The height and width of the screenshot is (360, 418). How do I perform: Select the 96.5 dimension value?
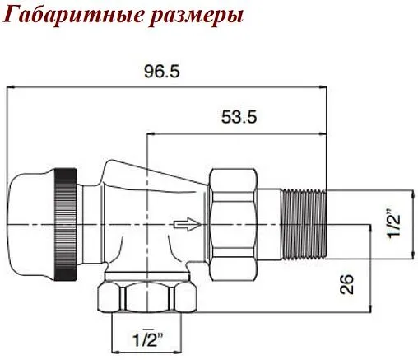(x=161, y=72)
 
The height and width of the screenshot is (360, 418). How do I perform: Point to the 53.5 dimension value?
(x=239, y=118)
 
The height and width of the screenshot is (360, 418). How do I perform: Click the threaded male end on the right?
(x=304, y=222)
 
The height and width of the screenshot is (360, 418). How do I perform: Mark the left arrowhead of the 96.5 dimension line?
(x=10, y=86)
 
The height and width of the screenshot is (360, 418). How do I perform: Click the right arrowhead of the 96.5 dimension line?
(x=325, y=86)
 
